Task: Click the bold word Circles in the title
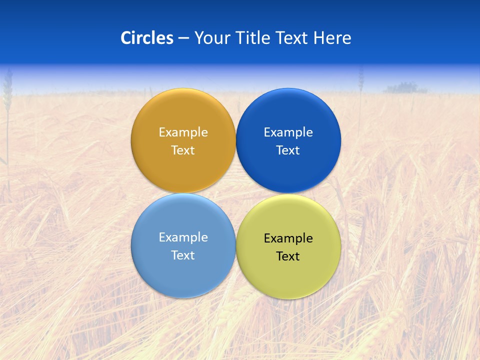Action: coord(147,38)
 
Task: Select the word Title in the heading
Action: coord(255,38)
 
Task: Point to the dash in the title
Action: coord(183,38)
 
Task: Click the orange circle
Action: coord(183,170)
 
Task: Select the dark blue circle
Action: coord(288,170)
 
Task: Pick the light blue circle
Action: coord(183,275)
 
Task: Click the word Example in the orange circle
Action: coord(183,132)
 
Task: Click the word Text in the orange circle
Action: coord(183,150)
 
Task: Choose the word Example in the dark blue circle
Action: coord(288,132)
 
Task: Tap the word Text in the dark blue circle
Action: coord(288,150)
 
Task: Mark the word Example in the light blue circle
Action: coord(183,237)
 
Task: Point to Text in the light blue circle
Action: coord(183,255)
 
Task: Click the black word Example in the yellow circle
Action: coord(288,238)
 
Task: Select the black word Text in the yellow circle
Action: coord(288,256)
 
